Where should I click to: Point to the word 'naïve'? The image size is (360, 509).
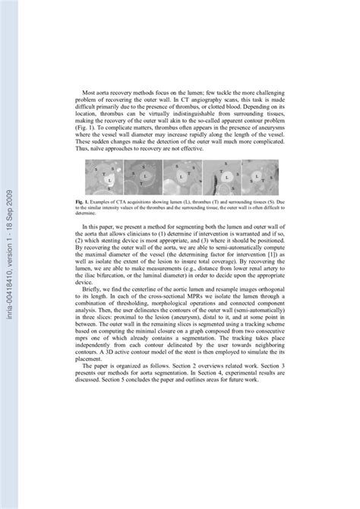(x=100, y=148)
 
